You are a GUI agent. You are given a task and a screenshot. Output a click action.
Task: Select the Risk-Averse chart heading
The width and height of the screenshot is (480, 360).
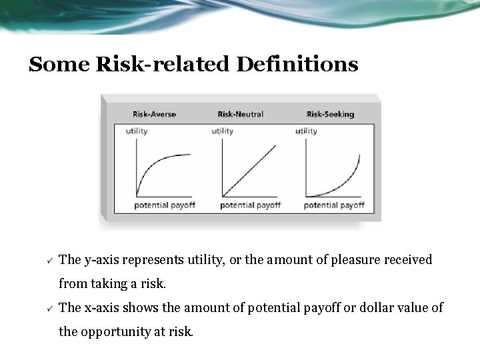coord(154,114)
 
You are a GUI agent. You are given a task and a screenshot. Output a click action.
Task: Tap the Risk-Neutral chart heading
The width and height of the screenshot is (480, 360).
coord(240,114)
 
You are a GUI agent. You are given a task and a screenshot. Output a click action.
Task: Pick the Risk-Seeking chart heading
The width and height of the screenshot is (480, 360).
coord(329,114)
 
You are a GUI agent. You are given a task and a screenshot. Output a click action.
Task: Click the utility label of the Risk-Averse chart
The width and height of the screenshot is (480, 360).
coord(137,131)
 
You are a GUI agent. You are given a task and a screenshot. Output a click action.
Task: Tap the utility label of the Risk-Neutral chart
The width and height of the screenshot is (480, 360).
coord(223,131)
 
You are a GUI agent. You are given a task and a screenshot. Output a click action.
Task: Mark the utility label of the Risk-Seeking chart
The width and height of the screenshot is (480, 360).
coord(307,131)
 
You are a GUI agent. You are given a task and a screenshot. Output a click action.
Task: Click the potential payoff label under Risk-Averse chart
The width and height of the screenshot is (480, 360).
coord(165,205)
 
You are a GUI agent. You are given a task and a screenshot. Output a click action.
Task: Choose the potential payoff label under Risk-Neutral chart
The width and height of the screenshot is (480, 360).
coord(250,205)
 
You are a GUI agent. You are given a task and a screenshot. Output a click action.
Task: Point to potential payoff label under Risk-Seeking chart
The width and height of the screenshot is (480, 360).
coord(334,205)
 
